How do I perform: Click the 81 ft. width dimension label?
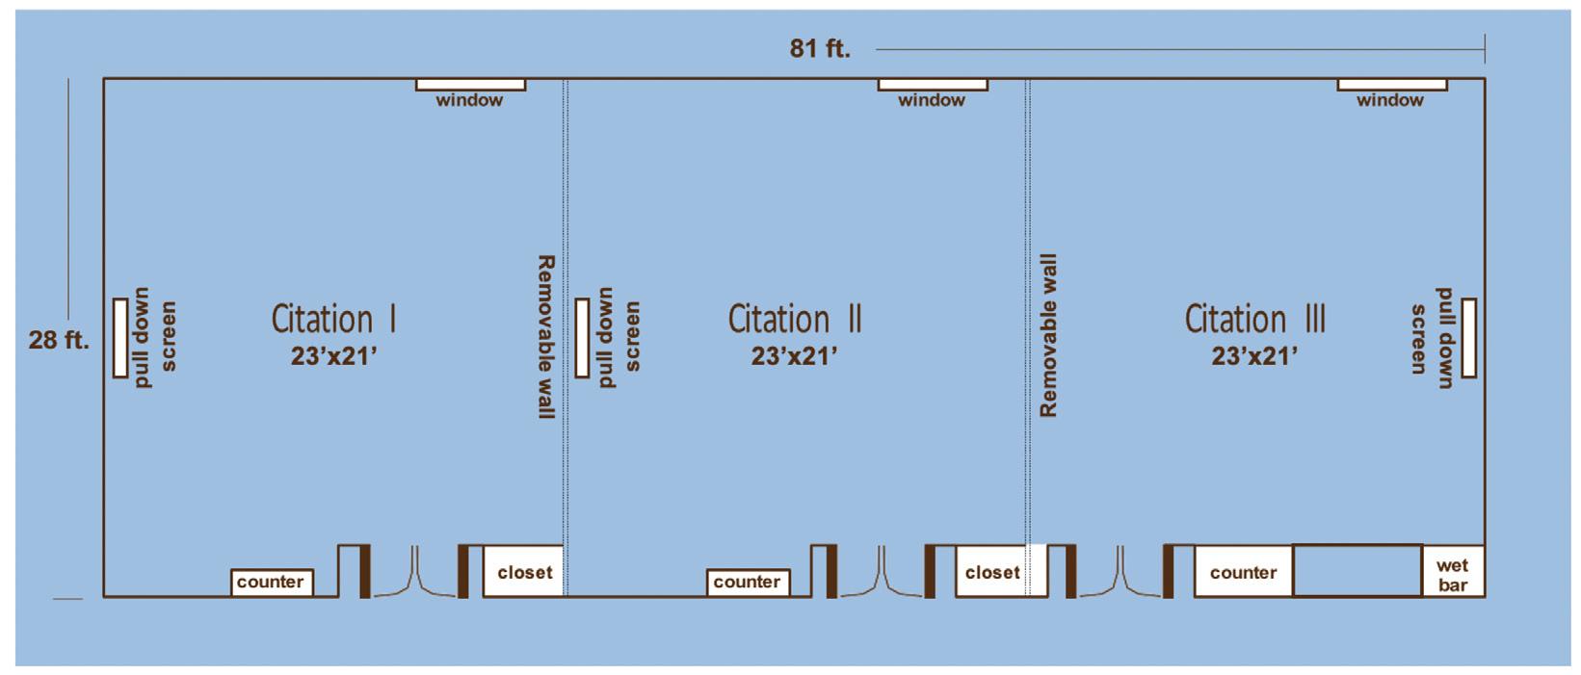click(x=820, y=48)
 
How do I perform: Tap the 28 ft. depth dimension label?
click(x=59, y=339)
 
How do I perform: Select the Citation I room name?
click(x=333, y=319)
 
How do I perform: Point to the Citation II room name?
click(x=794, y=319)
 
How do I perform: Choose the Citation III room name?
click(x=1254, y=319)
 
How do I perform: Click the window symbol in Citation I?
click(x=470, y=85)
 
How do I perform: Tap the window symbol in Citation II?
click(x=932, y=85)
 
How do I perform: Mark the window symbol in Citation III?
click(x=1391, y=85)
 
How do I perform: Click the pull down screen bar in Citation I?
click(x=120, y=338)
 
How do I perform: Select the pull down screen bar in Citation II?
click(x=582, y=338)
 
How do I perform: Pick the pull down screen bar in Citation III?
click(x=1468, y=338)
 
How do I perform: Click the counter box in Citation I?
click(x=271, y=582)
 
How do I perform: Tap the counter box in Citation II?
click(x=748, y=582)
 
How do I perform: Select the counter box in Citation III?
click(x=1243, y=572)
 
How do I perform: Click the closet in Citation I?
click(x=523, y=572)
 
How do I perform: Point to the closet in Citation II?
click(x=991, y=572)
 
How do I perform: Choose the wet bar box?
click(x=1453, y=574)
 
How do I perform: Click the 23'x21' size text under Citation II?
click(x=794, y=356)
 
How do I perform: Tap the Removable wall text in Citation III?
click(x=1049, y=335)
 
